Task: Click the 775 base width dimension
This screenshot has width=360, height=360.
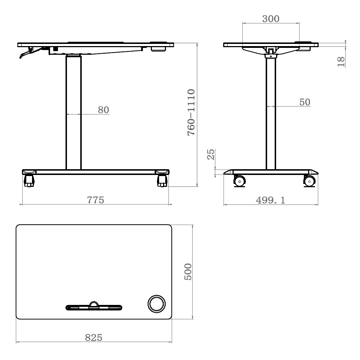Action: click(x=95, y=200)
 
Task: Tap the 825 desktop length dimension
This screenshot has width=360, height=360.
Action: click(x=94, y=338)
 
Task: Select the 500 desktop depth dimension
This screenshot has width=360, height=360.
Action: click(x=188, y=271)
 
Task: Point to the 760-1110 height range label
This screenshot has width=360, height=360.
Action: click(x=191, y=112)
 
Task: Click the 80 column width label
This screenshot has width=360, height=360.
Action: click(x=104, y=110)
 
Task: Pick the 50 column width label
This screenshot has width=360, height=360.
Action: click(x=305, y=102)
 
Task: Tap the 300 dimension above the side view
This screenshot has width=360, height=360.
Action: click(x=271, y=19)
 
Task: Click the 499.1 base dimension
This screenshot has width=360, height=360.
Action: click(x=270, y=200)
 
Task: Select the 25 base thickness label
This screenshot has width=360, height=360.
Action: click(x=211, y=154)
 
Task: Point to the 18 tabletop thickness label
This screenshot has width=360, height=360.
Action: click(x=341, y=62)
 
